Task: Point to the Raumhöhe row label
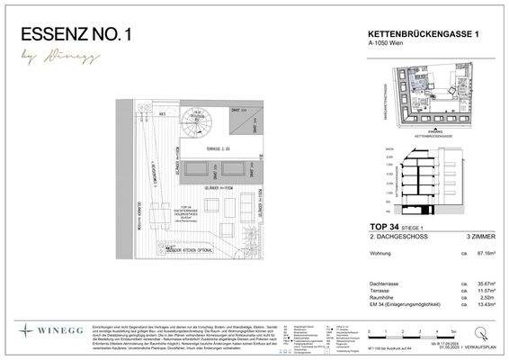[x=384, y=298]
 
